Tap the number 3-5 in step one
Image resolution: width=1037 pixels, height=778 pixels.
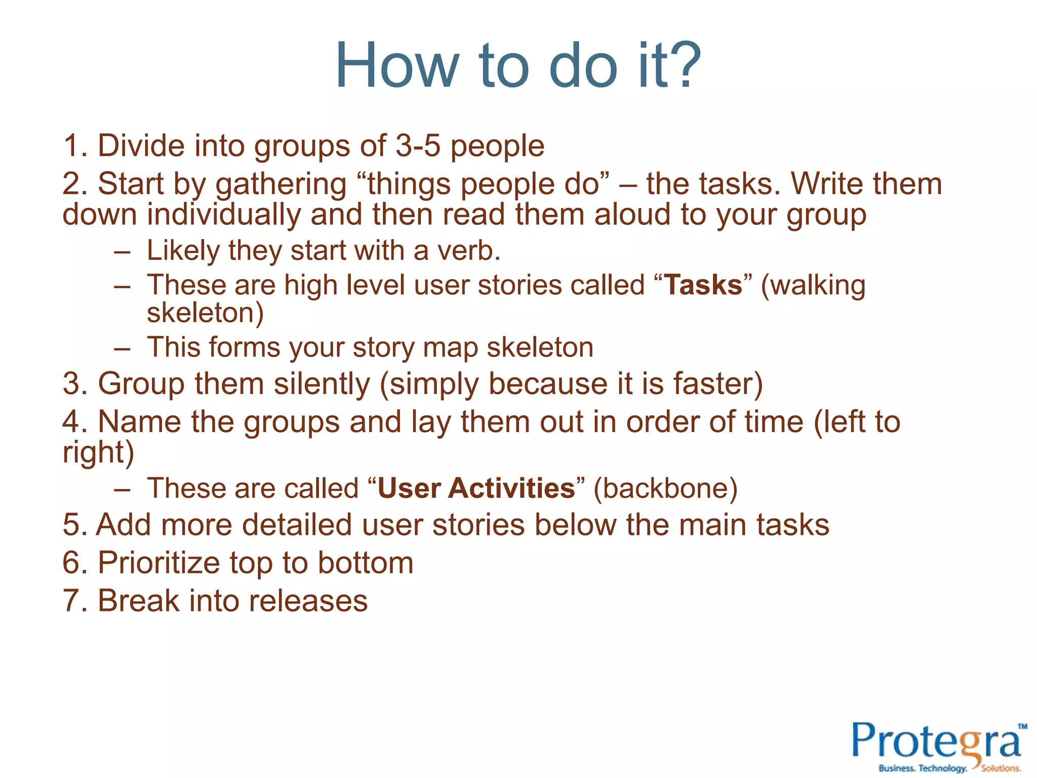[x=418, y=146]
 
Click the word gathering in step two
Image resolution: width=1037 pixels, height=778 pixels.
[x=281, y=184]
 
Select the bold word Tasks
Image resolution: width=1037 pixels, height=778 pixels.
[x=703, y=285]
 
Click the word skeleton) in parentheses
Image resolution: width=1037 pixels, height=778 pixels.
[x=205, y=313]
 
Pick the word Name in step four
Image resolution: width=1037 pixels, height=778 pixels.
[x=139, y=421]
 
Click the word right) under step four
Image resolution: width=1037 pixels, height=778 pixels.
[x=98, y=452]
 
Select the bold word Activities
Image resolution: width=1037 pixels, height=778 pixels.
[x=511, y=488]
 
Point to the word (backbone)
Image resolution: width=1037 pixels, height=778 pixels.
[x=665, y=488]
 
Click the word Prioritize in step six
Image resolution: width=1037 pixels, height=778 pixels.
[x=159, y=563]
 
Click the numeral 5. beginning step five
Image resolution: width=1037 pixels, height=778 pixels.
[x=74, y=525]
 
